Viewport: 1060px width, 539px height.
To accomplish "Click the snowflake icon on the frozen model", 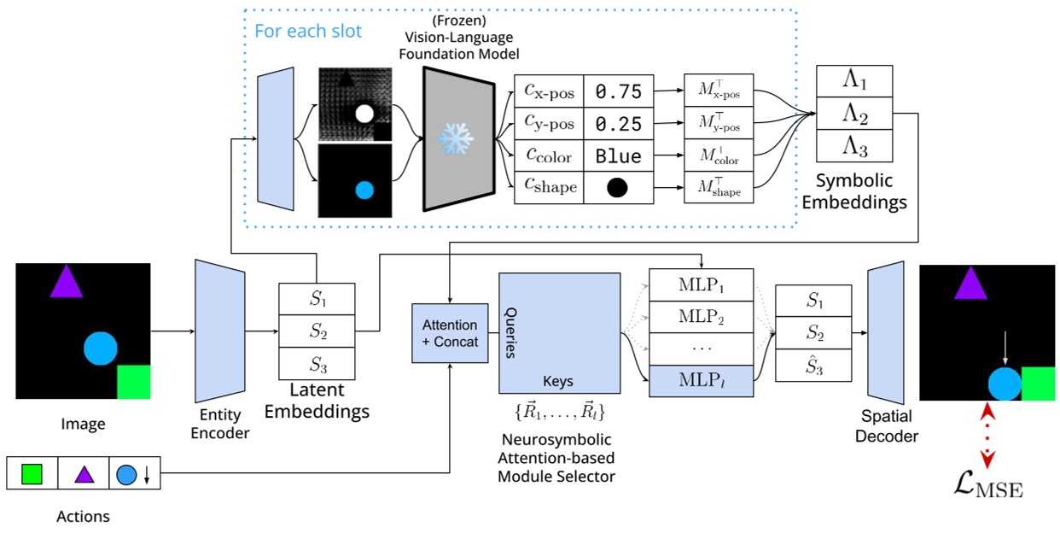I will (455, 138).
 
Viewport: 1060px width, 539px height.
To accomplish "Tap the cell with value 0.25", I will (618, 125).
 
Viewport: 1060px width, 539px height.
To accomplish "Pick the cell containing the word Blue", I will (618, 157).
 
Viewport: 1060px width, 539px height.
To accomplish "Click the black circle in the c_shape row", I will (618, 189).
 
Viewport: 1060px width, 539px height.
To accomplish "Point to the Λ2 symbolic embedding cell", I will (854, 114).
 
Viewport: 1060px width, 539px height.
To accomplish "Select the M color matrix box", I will (719, 156).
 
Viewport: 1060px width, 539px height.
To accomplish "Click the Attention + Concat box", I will (450, 333).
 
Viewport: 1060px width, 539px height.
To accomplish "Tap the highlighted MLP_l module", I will (701, 379).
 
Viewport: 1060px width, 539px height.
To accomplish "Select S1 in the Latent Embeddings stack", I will (317, 300).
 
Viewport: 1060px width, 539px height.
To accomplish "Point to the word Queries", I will (511, 333).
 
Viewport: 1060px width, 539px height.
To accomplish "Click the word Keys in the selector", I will (558, 381).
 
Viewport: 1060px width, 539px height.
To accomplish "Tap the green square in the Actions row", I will (32, 473).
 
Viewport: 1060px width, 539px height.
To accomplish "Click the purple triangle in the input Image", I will (66, 281).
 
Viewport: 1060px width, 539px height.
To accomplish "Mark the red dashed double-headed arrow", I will (987, 436).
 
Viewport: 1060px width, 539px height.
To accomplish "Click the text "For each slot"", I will (308, 32).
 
